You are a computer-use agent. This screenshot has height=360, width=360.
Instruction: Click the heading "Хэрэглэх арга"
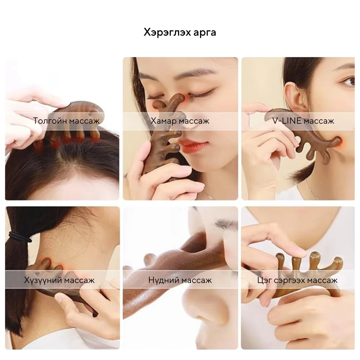click(x=180, y=32)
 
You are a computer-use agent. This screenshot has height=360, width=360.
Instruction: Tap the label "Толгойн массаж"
click(x=66, y=121)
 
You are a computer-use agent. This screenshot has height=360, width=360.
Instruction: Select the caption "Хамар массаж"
click(x=180, y=121)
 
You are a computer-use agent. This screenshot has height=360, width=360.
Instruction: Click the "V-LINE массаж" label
click(x=303, y=121)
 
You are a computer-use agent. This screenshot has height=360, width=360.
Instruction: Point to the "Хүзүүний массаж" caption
click(x=59, y=280)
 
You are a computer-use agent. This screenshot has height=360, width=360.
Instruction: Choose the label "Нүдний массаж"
click(x=180, y=280)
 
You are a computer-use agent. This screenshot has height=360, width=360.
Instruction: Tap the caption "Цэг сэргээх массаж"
click(x=297, y=280)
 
